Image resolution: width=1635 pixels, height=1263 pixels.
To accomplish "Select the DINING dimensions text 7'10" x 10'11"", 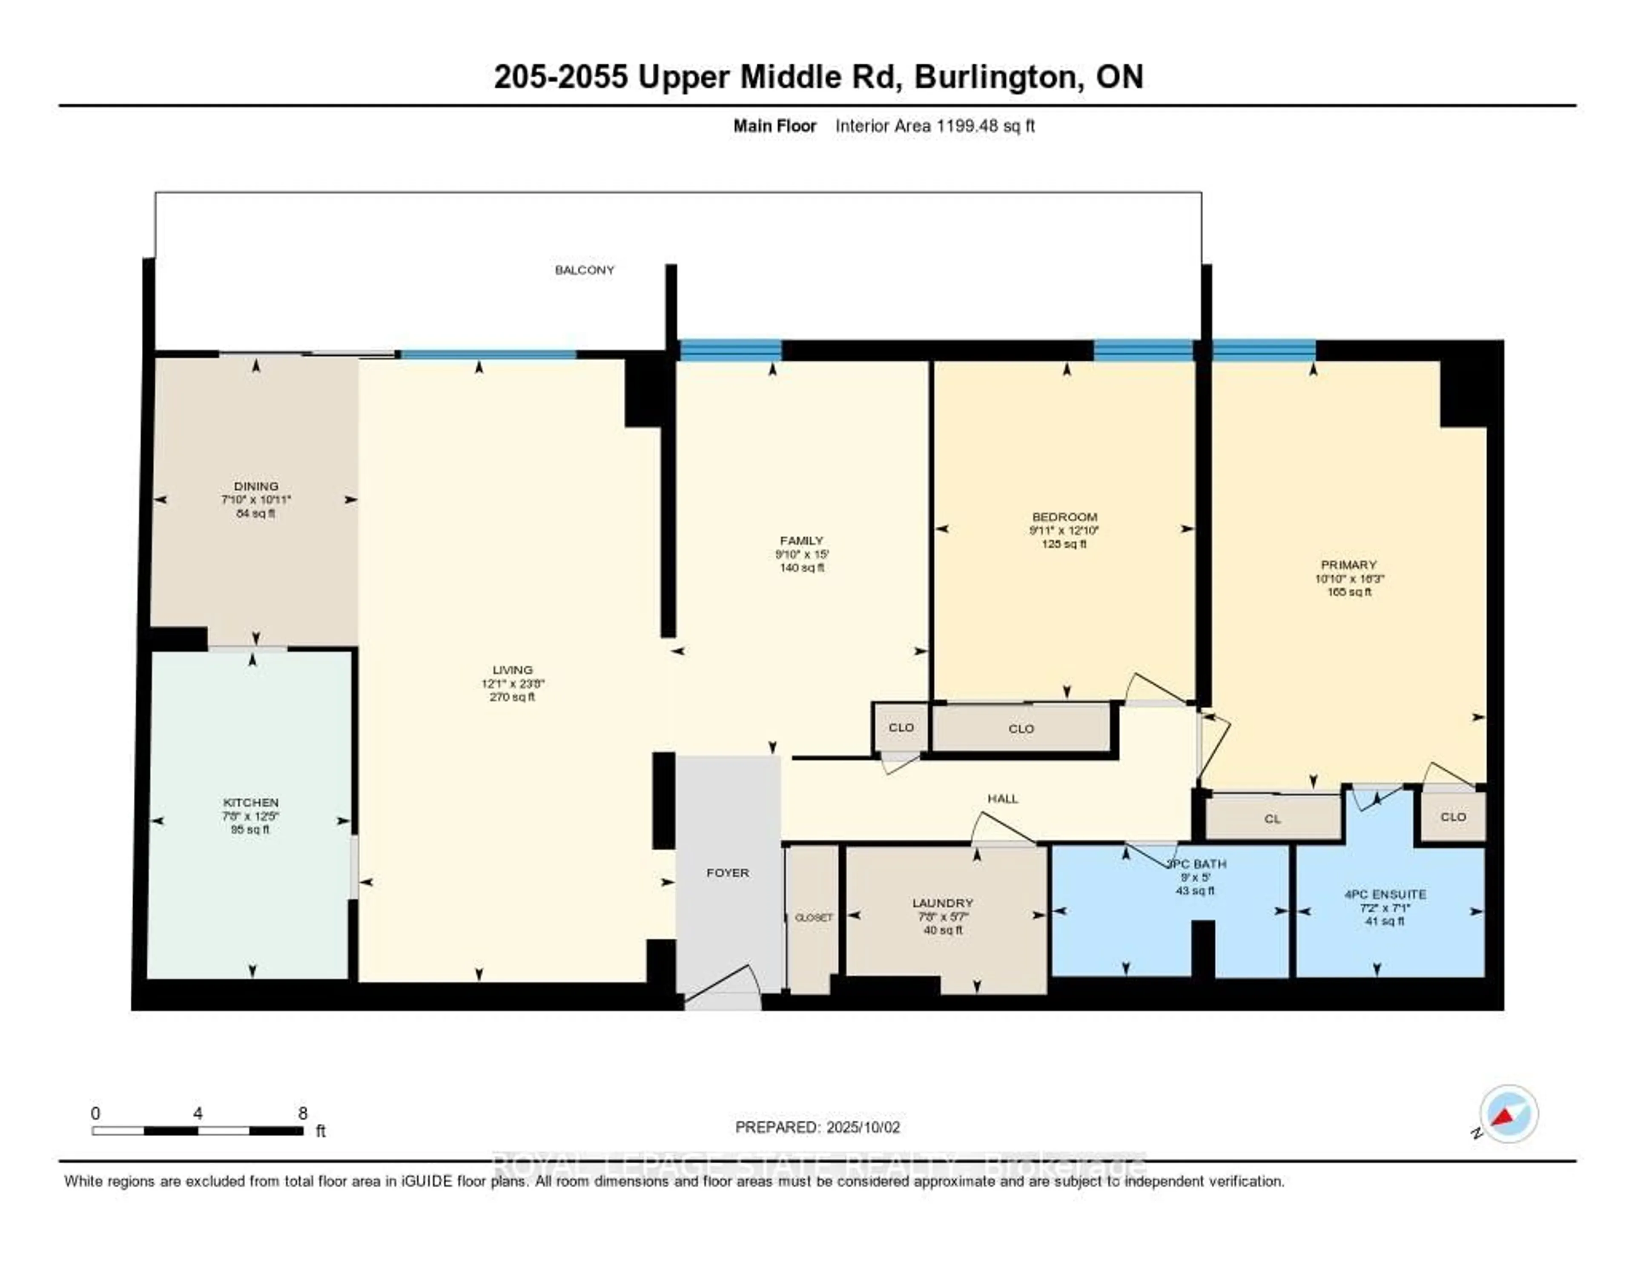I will pyautogui.click(x=255, y=499).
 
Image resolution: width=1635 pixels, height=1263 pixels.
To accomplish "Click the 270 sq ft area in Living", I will pyautogui.click(x=512, y=697).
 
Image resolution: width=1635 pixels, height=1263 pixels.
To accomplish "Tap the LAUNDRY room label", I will pyautogui.click(x=943, y=903).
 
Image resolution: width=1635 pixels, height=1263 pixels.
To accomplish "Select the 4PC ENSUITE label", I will pyautogui.click(x=1385, y=894).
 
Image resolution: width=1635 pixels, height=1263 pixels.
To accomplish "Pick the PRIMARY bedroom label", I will pyautogui.click(x=1348, y=565).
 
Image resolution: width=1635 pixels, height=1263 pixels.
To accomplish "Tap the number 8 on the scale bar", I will pyautogui.click(x=302, y=1113).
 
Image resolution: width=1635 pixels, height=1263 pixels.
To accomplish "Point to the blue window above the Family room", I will pyautogui.click(x=730, y=350).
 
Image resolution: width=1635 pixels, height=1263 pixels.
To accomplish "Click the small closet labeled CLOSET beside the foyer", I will pyautogui.click(x=813, y=918).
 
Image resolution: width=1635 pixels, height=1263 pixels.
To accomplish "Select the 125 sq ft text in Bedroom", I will pyautogui.click(x=1063, y=543).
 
